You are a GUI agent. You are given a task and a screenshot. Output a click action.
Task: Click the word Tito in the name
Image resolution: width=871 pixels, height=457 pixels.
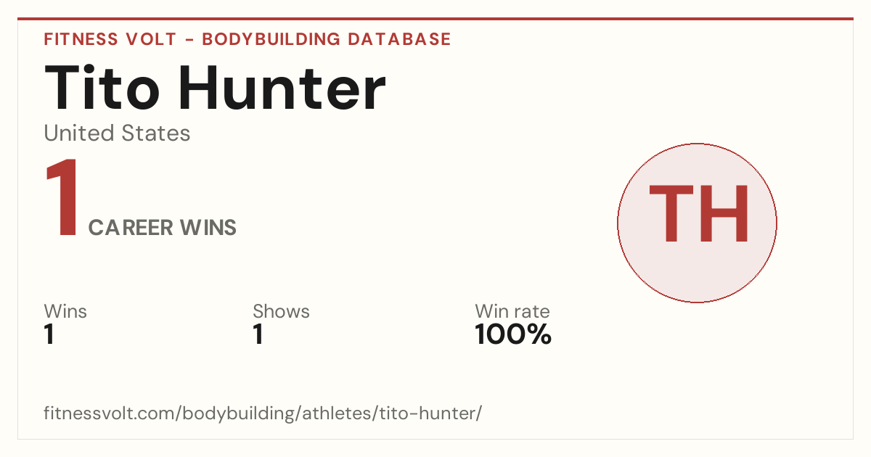point(102,88)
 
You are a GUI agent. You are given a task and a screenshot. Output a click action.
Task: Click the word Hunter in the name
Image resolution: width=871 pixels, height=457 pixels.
point(282,88)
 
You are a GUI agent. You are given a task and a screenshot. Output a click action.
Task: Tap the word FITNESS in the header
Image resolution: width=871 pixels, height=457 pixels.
point(81,39)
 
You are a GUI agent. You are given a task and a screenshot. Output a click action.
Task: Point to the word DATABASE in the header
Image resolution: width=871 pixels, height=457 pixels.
point(399,39)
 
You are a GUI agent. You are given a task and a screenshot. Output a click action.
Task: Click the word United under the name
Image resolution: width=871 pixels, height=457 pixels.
point(79,133)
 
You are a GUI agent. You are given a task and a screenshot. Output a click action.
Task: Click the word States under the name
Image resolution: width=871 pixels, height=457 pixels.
point(156,133)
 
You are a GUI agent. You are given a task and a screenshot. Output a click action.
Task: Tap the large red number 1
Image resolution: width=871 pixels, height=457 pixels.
point(62,197)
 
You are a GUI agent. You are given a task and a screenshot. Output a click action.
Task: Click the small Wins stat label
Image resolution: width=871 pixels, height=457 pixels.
point(65,311)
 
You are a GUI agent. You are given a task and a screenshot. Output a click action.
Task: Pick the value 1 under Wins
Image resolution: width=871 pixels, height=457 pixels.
point(49,334)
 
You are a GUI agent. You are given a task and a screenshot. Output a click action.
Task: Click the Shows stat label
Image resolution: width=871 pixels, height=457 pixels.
point(281,311)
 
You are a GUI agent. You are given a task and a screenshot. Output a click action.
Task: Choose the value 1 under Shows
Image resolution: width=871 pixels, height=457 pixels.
point(258,334)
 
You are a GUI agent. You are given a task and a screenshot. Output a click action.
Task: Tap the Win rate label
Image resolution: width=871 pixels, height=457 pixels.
point(512,311)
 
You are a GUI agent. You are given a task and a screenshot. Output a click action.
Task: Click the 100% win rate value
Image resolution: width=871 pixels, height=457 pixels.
point(513,334)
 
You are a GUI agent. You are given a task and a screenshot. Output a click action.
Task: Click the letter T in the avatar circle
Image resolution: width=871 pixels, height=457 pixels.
point(671,213)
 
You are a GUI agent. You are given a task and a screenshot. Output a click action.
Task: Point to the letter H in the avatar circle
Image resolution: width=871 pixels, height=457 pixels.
point(724,213)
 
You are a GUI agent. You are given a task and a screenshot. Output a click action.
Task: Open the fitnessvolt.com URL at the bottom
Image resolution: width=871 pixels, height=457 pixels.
point(263,413)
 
